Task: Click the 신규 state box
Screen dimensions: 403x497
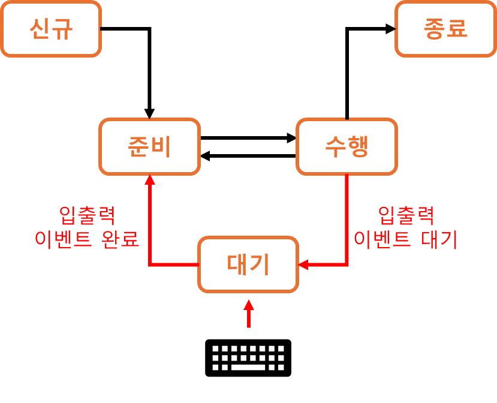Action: coord(51,29)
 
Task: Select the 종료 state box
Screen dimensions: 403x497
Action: coord(445,29)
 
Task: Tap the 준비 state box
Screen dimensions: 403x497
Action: coord(149,146)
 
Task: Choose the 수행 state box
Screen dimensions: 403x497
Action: coord(347,146)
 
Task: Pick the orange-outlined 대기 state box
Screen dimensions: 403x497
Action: coord(248,264)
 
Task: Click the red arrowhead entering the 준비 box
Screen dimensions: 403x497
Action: coord(150,180)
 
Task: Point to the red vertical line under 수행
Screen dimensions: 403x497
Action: coord(347,216)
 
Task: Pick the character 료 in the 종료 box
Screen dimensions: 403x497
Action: coord(457,29)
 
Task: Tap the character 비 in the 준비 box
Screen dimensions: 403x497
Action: coord(161,146)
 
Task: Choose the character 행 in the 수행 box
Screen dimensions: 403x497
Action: coord(358,146)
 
